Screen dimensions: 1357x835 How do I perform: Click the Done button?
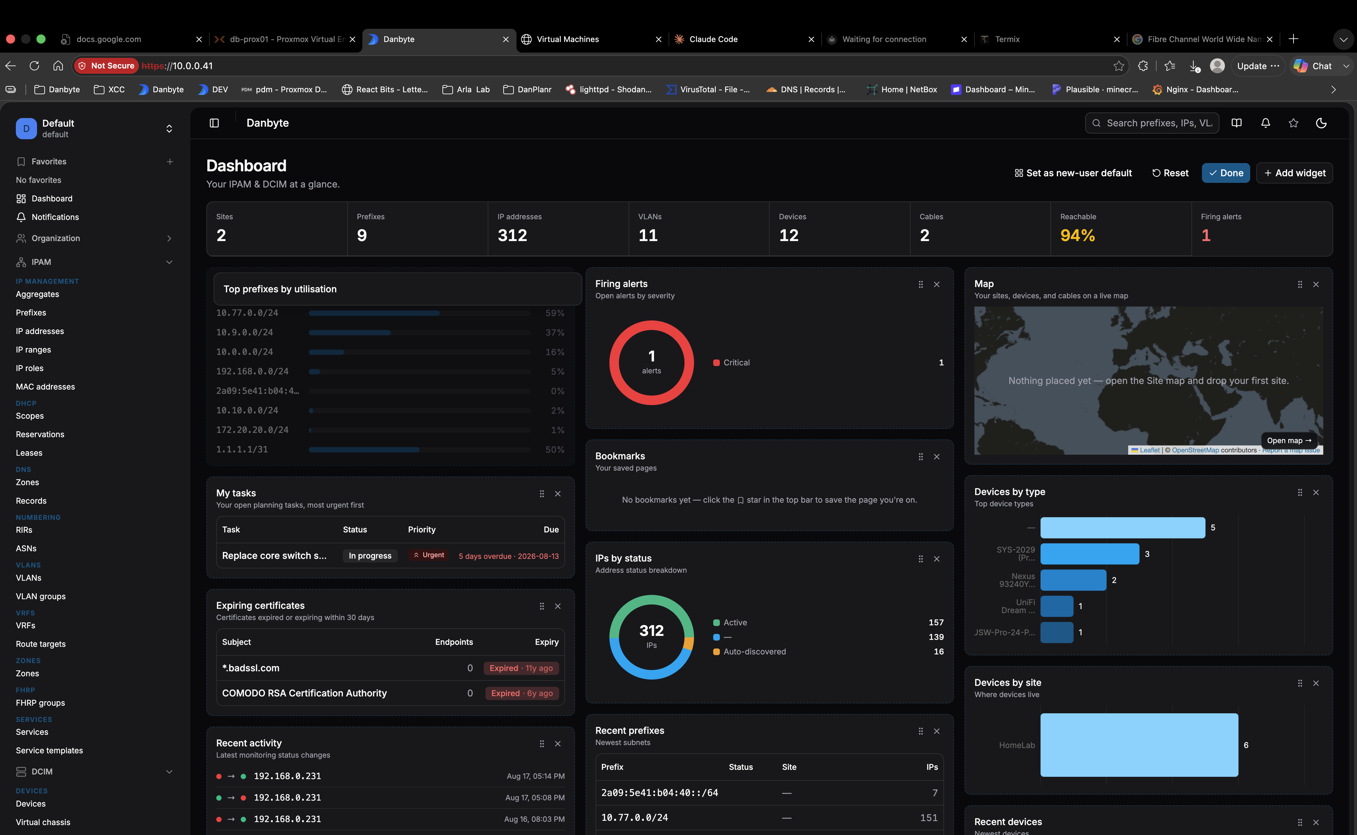1226,173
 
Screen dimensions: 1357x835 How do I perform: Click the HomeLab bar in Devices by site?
1139,744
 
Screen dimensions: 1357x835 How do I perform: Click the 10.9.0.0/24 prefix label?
245,332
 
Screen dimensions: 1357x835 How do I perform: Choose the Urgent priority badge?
429,555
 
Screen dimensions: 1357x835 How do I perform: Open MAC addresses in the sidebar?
45,387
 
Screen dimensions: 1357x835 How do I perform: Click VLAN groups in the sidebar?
41,597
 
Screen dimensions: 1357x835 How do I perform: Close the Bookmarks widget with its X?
937,457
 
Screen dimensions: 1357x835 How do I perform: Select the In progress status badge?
370,556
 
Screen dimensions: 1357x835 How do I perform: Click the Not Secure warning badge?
106,66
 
